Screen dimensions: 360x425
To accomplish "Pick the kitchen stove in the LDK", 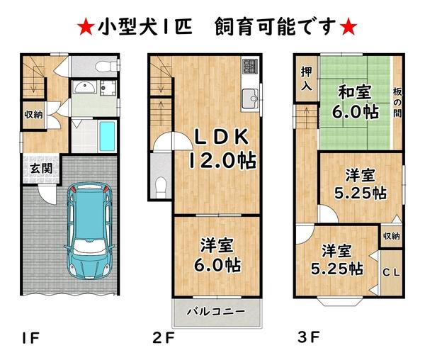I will (x=249, y=67).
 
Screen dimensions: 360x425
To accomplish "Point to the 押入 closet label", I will (x=306, y=78).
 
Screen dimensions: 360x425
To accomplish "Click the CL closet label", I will (x=390, y=271).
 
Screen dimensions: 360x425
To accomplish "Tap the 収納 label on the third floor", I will (x=391, y=237).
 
